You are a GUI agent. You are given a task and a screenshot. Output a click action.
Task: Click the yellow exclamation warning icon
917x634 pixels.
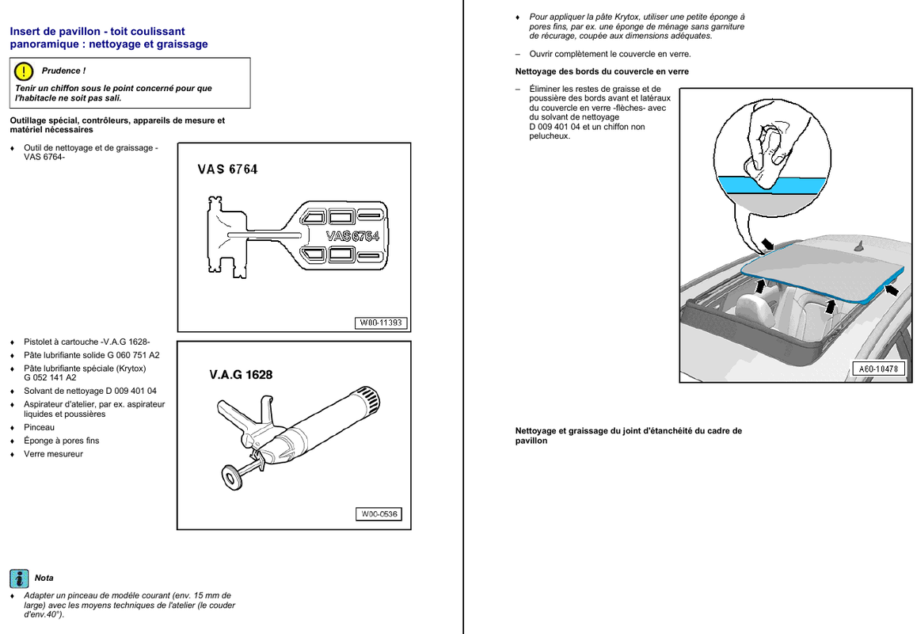pyautogui.click(x=25, y=71)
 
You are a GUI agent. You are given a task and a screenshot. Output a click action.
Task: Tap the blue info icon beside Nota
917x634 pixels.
pyautogui.click(x=19, y=578)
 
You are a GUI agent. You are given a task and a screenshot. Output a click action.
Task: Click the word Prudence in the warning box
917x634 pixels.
pyautogui.click(x=63, y=71)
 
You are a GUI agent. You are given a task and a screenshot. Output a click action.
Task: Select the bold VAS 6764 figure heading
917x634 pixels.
pyautogui.click(x=227, y=169)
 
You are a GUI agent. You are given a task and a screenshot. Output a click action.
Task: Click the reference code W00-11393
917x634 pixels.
pyautogui.click(x=381, y=323)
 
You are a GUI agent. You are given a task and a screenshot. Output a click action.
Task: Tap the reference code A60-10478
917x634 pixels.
pyautogui.click(x=879, y=369)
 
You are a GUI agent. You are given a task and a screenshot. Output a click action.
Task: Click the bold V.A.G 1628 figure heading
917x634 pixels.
pyautogui.click(x=241, y=374)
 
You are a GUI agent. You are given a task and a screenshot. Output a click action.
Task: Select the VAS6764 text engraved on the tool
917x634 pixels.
pyautogui.click(x=352, y=236)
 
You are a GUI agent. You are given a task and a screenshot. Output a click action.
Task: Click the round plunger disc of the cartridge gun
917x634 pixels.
pyautogui.click(x=230, y=477)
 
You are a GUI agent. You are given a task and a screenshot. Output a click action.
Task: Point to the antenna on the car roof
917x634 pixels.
pyautogui.click(x=858, y=248)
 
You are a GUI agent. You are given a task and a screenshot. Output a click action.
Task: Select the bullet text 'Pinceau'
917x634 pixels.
pyautogui.click(x=39, y=427)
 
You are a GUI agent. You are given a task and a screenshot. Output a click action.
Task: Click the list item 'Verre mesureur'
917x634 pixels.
pyautogui.click(x=53, y=454)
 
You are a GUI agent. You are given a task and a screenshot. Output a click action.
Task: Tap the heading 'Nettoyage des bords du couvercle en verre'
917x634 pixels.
pyautogui.click(x=602, y=71)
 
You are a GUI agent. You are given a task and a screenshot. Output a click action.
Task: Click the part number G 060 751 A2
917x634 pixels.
pyautogui.click(x=126, y=355)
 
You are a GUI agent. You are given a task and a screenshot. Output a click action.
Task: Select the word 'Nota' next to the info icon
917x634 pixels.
pyautogui.click(x=44, y=578)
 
